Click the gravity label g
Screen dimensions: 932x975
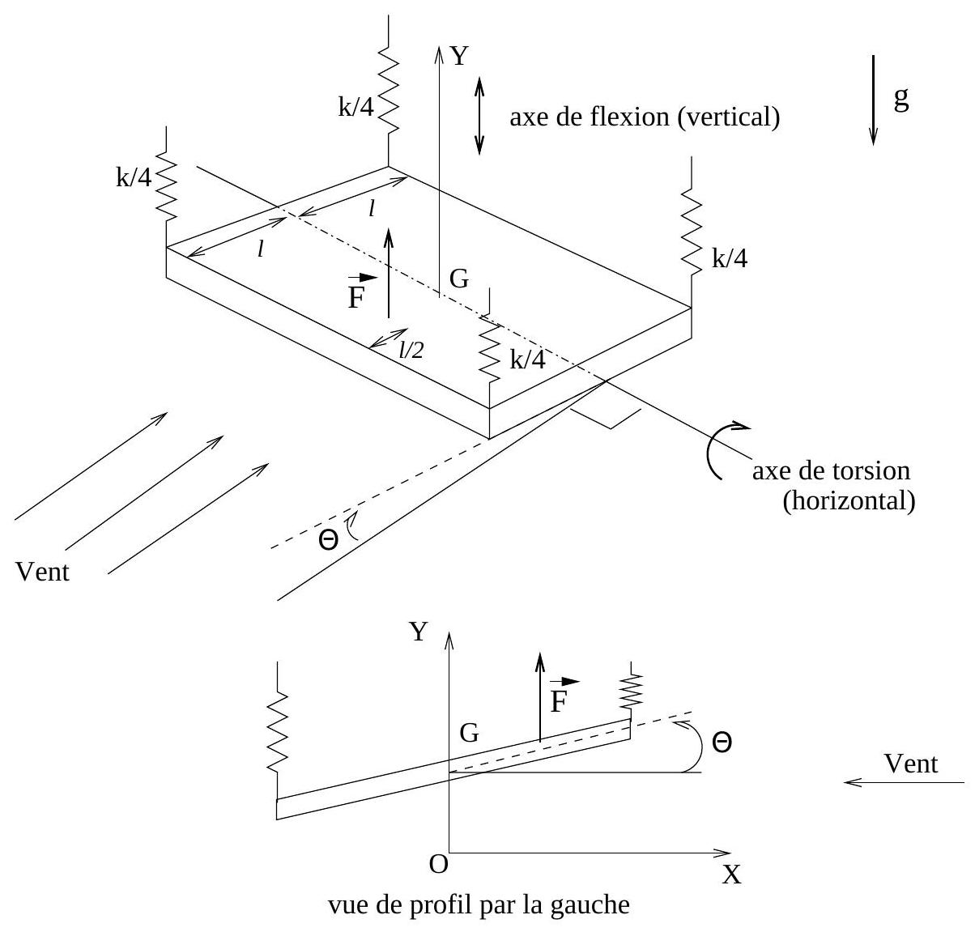[x=900, y=99]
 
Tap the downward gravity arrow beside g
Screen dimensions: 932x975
[x=873, y=100]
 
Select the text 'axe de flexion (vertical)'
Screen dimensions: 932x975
[x=645, y=118]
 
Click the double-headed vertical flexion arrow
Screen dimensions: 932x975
[x=479, y=115]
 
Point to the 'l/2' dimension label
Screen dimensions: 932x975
[x=411, y=349]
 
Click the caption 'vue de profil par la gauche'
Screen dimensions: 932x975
[x=478, y=904]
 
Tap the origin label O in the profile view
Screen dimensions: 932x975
[x=438, y=865]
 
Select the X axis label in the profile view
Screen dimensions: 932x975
[x=731, y=875]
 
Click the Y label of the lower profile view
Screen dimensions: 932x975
[x=418, y=632]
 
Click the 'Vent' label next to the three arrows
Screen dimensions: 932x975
[x=43, y=572]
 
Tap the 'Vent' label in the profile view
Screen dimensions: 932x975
[x=911, y=764]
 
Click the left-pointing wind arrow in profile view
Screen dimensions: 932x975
[x=903, y=783]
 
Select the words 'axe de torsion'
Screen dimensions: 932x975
[x=831, y=470]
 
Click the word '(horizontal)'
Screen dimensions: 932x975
[x=849, y=501]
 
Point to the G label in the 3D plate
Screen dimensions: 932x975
[x=459, y=279]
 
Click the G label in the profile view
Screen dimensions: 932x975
[x=469, y=734]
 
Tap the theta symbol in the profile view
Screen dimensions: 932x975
[x=722, y=742]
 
